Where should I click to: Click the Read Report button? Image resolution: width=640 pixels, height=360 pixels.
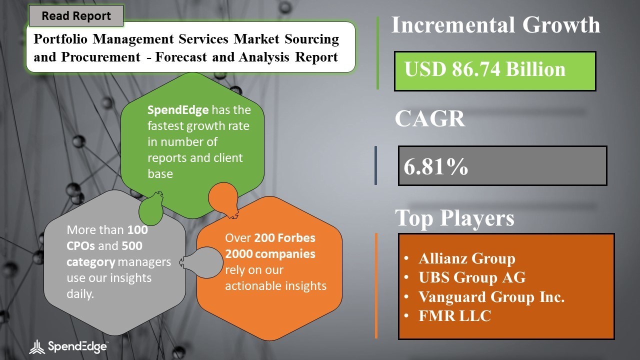click(x=76, y=15)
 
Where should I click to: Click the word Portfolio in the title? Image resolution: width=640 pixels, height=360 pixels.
click(x=60, y=39)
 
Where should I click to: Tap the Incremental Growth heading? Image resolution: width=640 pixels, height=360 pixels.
click(x=495, y=25)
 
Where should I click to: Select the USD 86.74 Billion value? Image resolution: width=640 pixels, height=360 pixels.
click(x=485, y=69)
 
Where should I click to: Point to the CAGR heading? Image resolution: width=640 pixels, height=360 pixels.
click(x=429, y=118)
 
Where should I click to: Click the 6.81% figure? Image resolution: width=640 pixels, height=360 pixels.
click(x=435, y=166)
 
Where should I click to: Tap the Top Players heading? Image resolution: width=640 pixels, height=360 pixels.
click(x=454, y=218)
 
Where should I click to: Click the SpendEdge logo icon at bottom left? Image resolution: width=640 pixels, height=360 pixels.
click(x=37, y=347)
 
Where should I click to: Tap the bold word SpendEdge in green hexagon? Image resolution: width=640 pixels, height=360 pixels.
click(x=178, y=110)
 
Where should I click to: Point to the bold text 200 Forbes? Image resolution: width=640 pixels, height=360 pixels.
click(x=284, y=238)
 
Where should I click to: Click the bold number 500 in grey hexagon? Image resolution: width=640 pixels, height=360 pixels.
click(x=131, y=246)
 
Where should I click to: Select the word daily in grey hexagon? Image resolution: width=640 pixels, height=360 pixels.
click(x=80, y=294)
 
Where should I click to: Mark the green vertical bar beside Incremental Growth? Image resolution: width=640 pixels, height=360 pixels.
click(x=377, y=53)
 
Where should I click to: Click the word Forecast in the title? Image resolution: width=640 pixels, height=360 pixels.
click(x=181, y=57)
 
